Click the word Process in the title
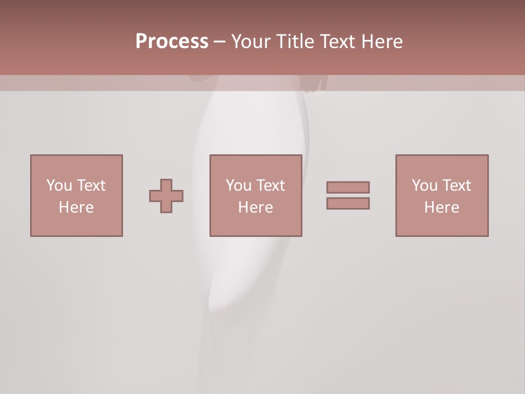(x=172, y=42)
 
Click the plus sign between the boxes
(x=166, y=196)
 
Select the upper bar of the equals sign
(x=348, y=187)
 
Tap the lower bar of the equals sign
(x=348, y=203)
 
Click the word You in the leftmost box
(x=59, y=186)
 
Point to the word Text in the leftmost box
(x=90, y=186)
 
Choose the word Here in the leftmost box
(x=76, y=207)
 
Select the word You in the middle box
(x=238, y=186)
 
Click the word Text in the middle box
(x=270, y=186)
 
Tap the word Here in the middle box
(x=255, y=207)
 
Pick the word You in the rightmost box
(x=424, y=186)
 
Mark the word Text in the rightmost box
(x=456, y=186)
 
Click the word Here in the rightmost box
(x=441, y=207)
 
